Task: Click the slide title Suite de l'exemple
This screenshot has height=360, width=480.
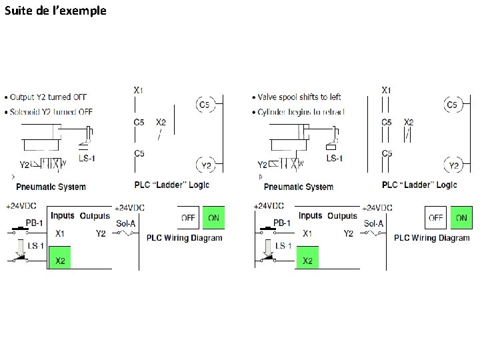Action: click(55, 11)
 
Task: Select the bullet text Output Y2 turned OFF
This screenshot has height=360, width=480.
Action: click(49, 97)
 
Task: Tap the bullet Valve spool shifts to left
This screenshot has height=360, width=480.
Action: click(299, 97)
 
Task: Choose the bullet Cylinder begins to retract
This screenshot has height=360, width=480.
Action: click(301, 111)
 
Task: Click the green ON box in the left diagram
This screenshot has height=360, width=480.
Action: click(214, 217)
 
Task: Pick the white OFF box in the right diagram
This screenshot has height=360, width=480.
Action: click(436, 217)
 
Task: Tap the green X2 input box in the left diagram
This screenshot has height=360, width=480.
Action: click(59, 259)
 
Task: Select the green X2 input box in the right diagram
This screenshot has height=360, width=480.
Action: click(307, 259)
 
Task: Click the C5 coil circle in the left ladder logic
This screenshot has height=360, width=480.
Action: click(204, 105)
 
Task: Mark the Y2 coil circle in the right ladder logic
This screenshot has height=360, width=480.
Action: click(453, 165)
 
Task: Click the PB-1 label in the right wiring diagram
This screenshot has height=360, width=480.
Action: click(282, 222)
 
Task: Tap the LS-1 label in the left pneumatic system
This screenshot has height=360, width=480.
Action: click(87, 158)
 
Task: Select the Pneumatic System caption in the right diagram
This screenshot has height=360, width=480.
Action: click(298, 187)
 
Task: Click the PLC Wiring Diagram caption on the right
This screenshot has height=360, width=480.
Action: click(431, 237)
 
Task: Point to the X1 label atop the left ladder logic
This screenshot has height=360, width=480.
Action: click(139, 89)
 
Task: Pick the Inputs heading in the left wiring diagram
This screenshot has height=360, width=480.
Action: click(63, 216)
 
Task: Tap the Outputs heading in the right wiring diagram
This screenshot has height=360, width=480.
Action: click(343, 216)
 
